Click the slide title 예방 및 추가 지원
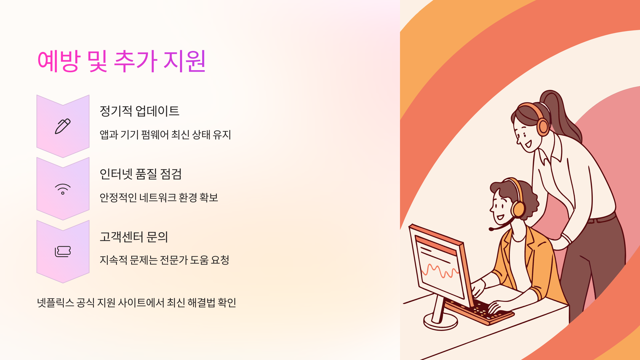(x=121, y=61)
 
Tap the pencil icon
(x=63, y=126)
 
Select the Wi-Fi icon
(x=63, y=189)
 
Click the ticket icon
(x=63, y=251)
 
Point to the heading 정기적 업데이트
(x=139, y=111)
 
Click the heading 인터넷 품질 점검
(x=141, y=174)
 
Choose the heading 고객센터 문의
(x=134, y=237)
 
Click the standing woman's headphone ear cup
(x=543, y=127)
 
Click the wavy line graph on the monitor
(x=440, y=271)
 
